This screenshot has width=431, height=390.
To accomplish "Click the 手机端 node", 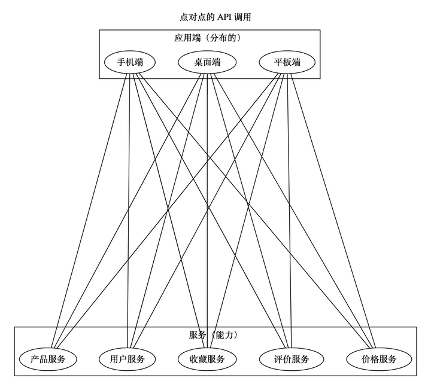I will (x=129, y=62).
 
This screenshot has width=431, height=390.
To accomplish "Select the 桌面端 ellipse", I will (x=207, y=62).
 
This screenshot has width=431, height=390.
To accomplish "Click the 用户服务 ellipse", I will (x=128, y=359).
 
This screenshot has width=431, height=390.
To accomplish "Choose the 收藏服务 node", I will (x=207, y=359).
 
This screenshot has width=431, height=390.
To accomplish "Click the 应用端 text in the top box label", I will (x=187, y=38).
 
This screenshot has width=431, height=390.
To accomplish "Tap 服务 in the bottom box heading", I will (x=198, y=335).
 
